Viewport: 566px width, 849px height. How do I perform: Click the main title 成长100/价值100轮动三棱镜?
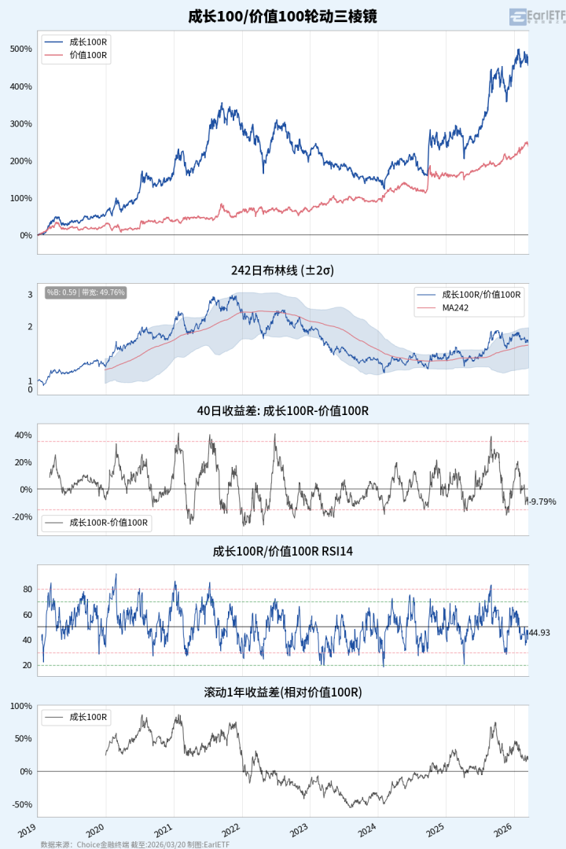point(282,16)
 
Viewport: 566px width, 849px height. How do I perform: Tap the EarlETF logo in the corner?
point(538,17)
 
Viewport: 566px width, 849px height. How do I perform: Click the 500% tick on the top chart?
point(21,49)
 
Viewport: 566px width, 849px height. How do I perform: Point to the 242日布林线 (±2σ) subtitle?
point(282,270)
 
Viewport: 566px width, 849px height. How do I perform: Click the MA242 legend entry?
point(456,307)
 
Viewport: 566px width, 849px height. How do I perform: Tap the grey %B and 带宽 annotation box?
point(86,292)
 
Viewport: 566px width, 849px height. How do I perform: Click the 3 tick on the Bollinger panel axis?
point(30,295)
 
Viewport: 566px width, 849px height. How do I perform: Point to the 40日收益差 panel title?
point(282,410)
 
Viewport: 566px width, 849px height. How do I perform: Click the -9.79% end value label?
point(542,502)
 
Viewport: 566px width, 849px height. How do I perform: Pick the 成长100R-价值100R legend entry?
point(109,521)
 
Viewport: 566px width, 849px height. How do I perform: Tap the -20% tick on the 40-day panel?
point(21,516)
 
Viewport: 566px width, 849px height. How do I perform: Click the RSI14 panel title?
point(282,551)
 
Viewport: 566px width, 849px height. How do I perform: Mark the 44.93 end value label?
point(539,633)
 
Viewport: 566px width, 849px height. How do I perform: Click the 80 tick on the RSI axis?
point(27,589)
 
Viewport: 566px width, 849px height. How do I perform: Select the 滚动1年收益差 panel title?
point(282,692)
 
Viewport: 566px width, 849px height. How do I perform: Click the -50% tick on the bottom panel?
point(21,804)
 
